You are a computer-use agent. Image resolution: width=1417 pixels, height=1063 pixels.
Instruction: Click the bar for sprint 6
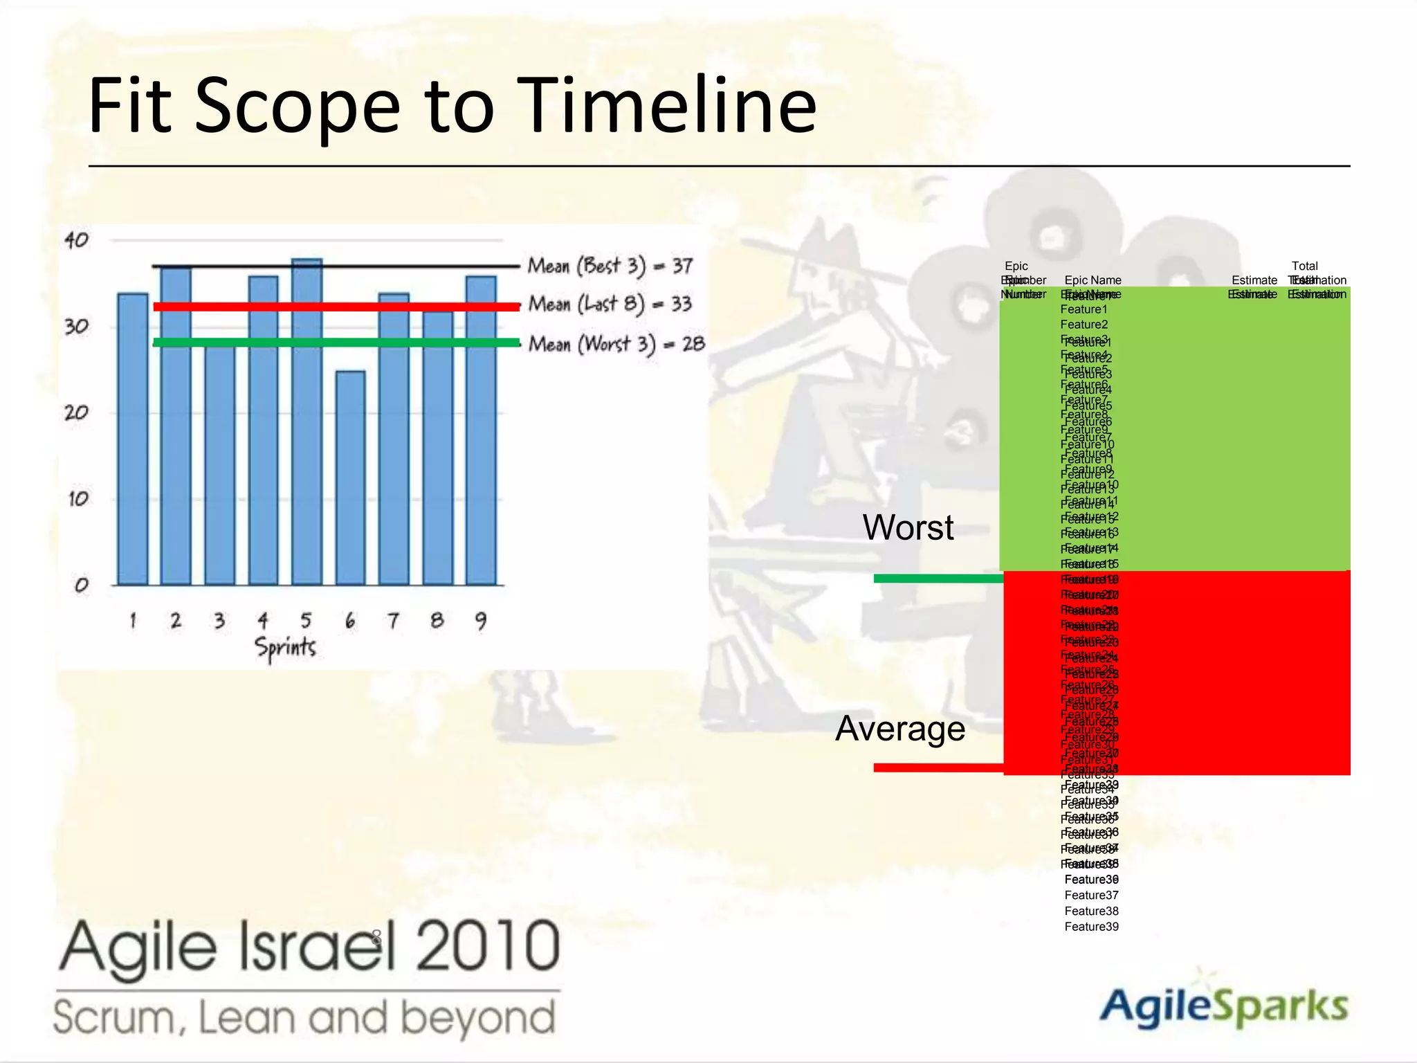[x=350, y=478]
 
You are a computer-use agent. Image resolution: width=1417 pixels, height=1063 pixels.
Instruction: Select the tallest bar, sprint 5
[x=307, y=422]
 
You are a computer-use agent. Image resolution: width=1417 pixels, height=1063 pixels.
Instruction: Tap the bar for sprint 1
[x=132, y=439]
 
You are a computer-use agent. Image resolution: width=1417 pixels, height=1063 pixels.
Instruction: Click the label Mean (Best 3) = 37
[x=610, y=266]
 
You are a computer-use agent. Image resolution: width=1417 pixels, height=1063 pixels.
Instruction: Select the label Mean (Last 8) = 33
[x=610, y=304]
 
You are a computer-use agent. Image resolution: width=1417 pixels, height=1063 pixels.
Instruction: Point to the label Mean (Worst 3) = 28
[x=616, y=344]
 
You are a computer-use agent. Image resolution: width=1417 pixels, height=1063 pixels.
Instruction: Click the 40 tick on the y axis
[x=76, y=240]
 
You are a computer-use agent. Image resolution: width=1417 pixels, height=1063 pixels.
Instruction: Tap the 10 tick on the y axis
[x=77, y=498]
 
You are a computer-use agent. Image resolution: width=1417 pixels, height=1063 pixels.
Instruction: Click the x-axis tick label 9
[x=480, y=620]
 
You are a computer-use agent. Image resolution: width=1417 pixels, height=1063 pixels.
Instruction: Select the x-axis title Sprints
[x=285, y=647]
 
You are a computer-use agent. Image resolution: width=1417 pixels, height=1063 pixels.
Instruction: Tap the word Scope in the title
[x=298, y=106]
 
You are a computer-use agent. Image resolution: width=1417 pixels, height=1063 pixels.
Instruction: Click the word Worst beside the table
[x=908, y=527]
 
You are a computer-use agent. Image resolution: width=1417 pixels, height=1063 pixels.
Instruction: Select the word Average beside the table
[x=899, y=728]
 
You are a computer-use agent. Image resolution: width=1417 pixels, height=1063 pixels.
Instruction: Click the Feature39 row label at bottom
[x=1091, y=927]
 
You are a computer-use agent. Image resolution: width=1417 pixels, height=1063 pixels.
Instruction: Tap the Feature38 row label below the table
[x=1091, y=911]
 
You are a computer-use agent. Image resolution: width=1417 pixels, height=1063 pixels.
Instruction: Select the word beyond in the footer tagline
[x=478, y=1017]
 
